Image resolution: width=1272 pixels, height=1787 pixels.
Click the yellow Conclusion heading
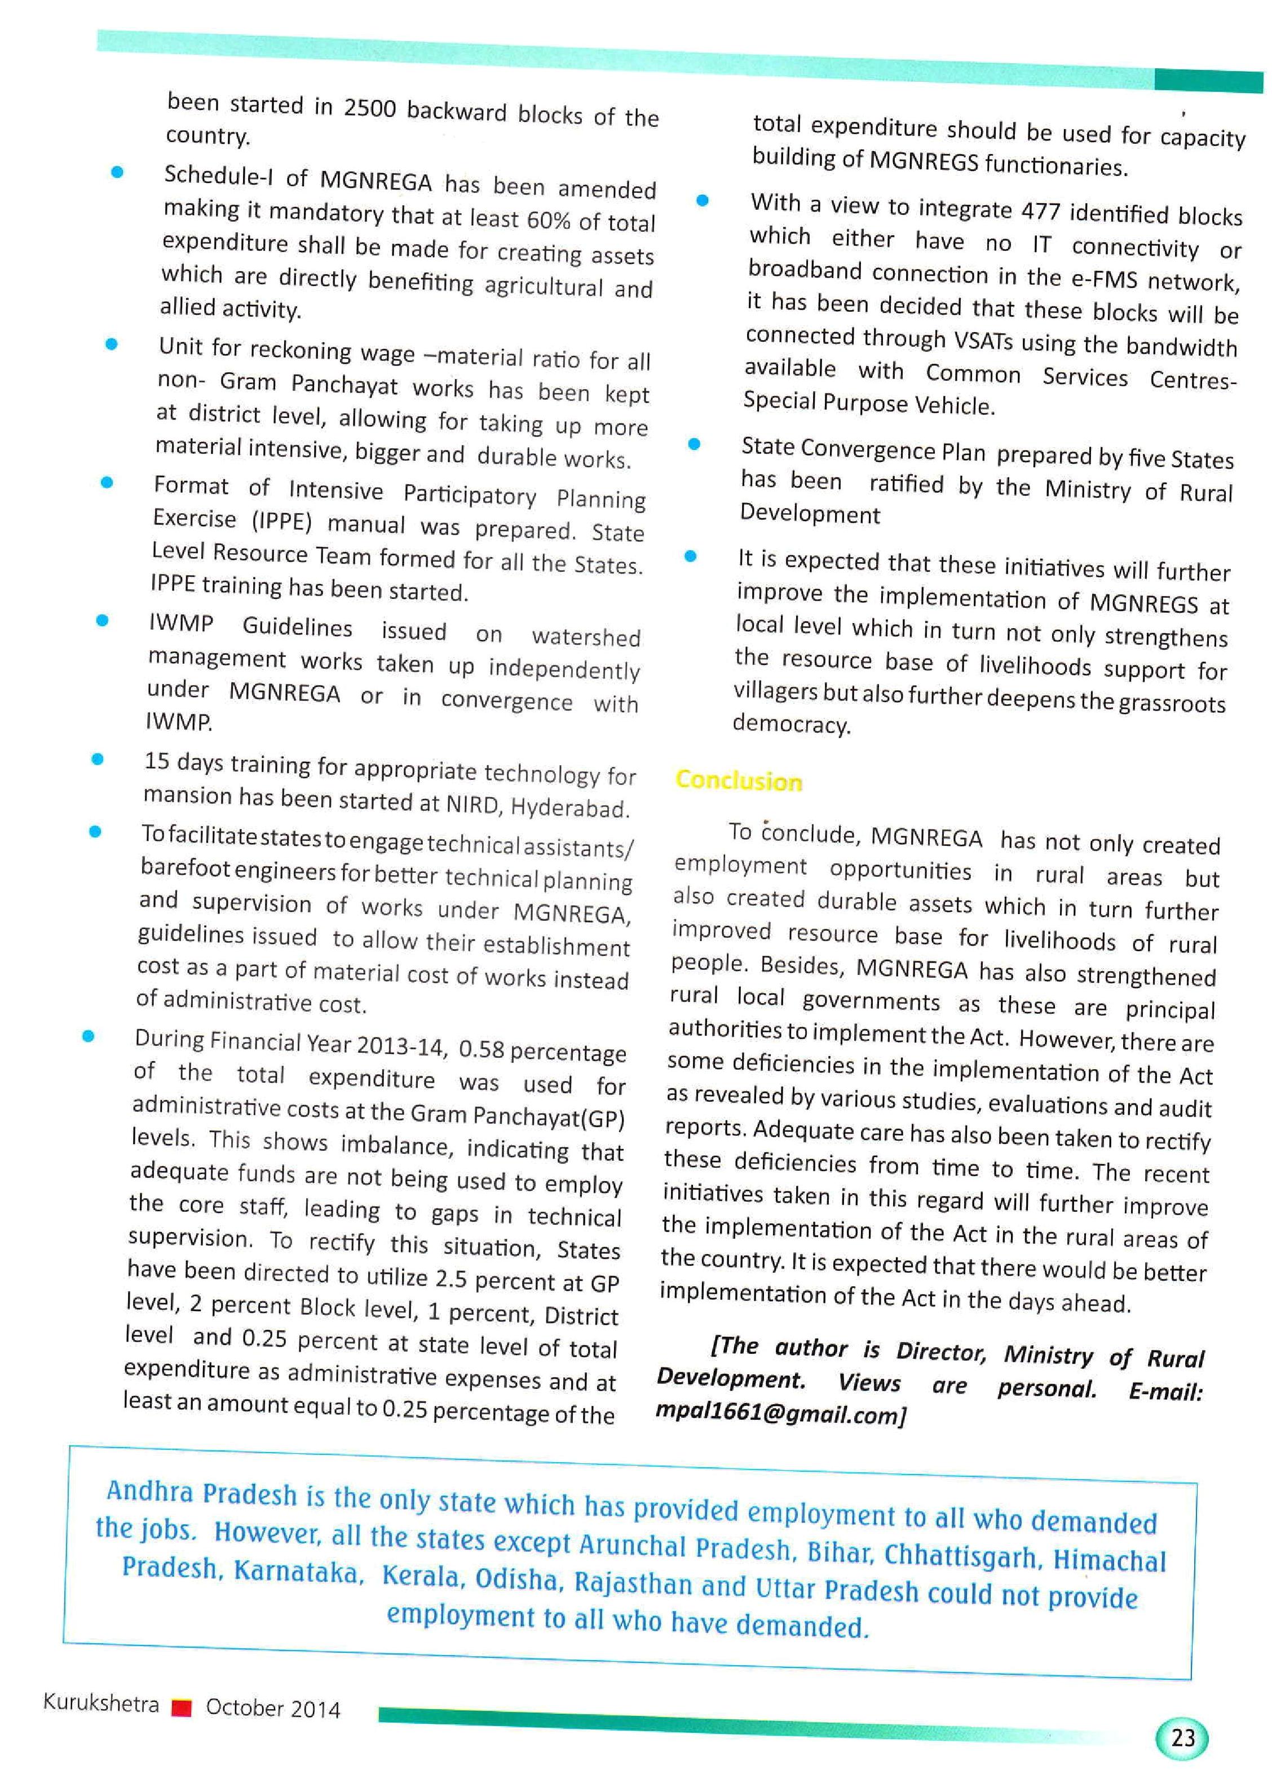(739, 780)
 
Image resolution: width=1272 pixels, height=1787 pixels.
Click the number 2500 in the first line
(370, 108)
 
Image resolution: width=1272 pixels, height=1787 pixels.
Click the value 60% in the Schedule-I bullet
(548, 220)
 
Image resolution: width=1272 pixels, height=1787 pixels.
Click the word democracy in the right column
(790, 724)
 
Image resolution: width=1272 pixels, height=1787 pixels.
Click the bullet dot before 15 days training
(98, 758)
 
